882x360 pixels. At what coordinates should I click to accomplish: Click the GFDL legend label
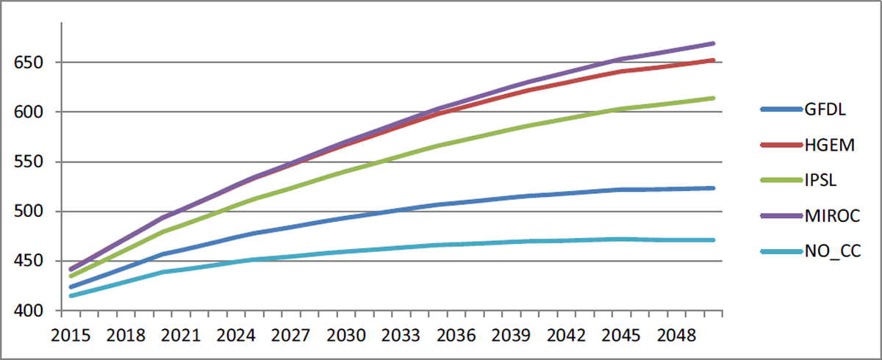(825, 109)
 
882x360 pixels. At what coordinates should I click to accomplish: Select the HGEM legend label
(830, 145)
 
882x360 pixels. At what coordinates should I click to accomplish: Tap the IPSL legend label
(820, 180)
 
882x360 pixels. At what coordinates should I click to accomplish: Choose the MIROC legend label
(832, 215)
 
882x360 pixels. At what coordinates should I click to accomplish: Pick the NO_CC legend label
(833, 251)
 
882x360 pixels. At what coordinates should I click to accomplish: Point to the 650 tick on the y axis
(29, 62)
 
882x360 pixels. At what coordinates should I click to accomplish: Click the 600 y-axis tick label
(29, 112)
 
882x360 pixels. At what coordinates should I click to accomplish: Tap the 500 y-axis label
(29, 212)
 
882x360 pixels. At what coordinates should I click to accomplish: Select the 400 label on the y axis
(29, 311)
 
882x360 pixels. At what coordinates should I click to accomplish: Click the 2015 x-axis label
(71, 336)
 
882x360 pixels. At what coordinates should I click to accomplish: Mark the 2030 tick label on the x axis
(346, 336)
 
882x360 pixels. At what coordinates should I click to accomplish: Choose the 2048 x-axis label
(676, 336)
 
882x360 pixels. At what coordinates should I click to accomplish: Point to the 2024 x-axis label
(236, 336)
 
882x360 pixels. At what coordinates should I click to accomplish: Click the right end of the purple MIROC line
(714, 43)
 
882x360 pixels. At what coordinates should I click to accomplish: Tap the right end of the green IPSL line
(714, 98)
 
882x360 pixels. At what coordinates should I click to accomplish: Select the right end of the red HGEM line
(714, 60)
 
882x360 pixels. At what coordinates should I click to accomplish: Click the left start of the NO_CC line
(71, 296)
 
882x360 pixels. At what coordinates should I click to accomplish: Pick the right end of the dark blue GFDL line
(714, 188)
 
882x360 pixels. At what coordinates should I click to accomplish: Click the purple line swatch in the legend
(781, 215)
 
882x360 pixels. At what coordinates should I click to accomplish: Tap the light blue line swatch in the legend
(781, 251)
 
